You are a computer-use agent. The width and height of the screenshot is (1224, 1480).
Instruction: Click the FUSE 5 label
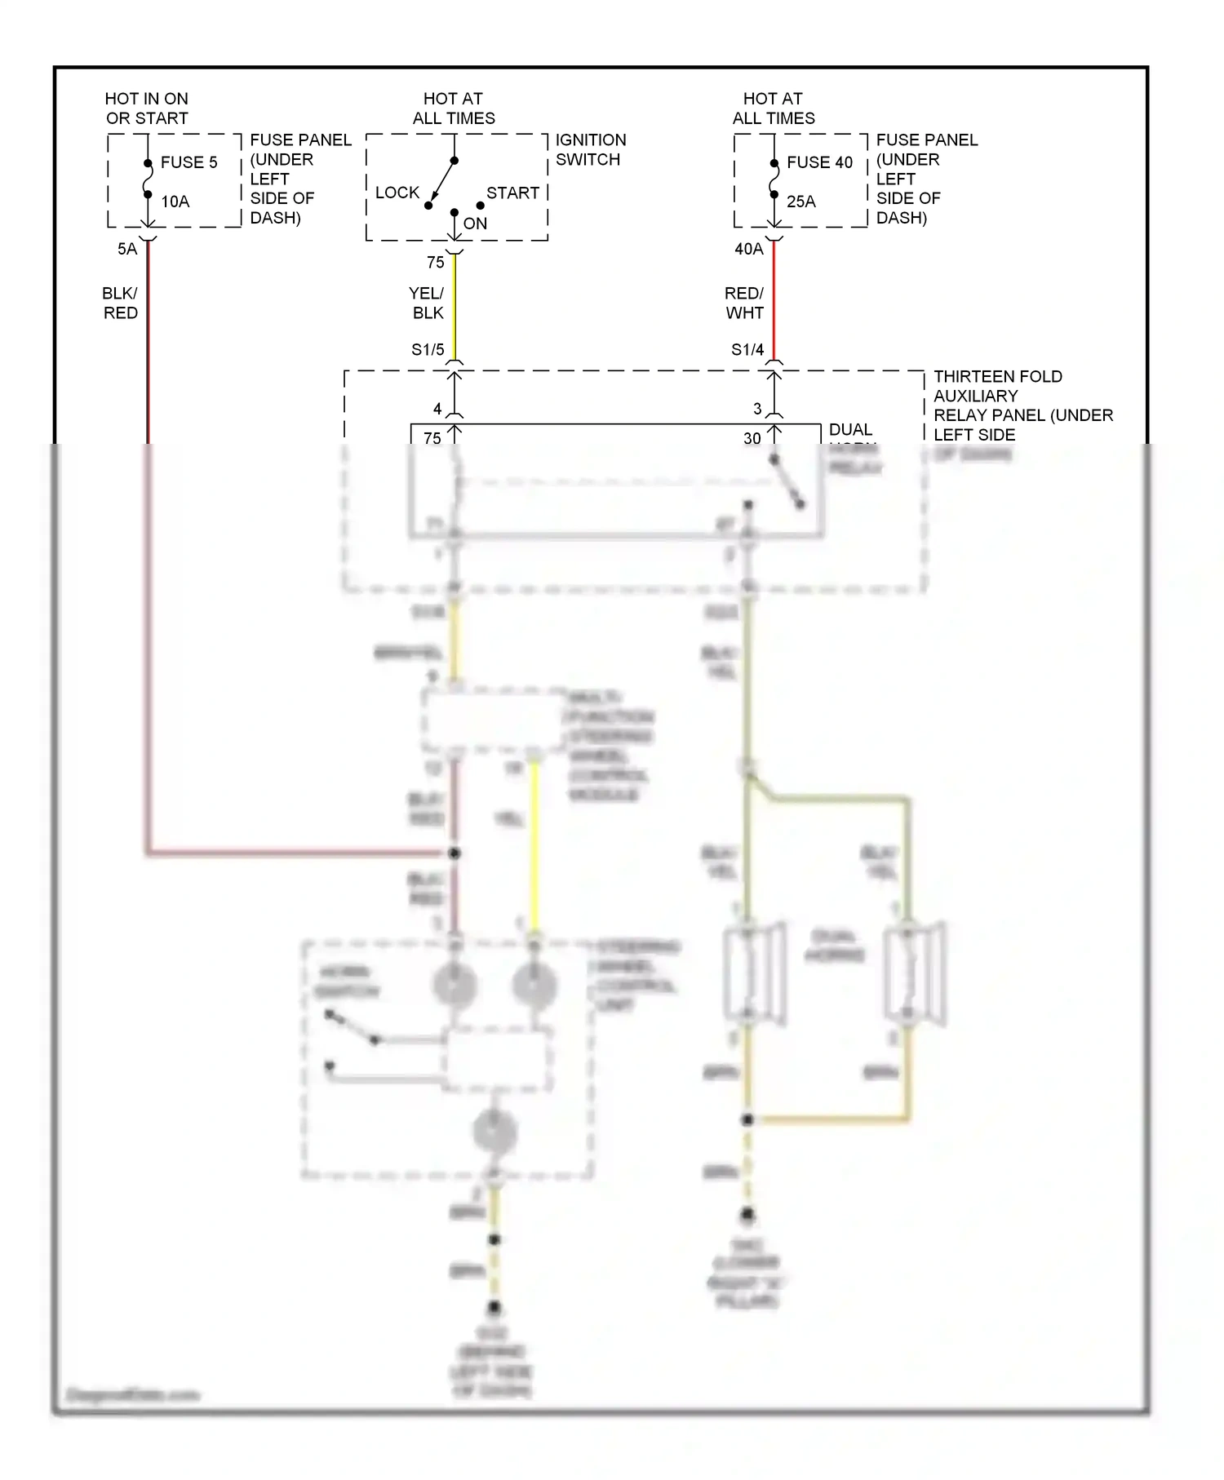pos(188,162)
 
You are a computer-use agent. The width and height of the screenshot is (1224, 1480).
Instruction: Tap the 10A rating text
pos(175,202)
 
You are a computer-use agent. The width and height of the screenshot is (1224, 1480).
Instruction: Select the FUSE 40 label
pos(819,162)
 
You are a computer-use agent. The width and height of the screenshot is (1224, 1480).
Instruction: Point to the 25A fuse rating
pos(800,202)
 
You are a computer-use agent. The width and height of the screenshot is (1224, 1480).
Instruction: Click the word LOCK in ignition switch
pos(397,193)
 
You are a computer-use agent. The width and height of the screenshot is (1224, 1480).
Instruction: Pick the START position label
pos(512,193)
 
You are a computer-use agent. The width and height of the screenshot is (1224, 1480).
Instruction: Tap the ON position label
pos(475,224)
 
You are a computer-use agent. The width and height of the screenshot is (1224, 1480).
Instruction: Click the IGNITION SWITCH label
pos(590,150)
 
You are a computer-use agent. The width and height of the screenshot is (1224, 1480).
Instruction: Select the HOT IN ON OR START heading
pos(147,109)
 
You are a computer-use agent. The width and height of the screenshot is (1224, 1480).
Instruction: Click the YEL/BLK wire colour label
pos(427,303)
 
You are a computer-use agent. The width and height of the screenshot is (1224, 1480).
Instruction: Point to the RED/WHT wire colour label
pos(743,303)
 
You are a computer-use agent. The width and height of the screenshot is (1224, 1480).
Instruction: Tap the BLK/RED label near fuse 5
pos(120,303)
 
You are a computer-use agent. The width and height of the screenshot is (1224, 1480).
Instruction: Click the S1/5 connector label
pos(428,350)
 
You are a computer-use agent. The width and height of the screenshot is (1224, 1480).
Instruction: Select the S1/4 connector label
pos(747,350)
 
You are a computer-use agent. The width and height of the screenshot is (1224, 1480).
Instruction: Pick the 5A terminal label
pos(127,249)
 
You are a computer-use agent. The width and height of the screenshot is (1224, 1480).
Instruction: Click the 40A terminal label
pos(749,249)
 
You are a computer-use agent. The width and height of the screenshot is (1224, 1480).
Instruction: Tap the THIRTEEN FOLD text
pos(997,376)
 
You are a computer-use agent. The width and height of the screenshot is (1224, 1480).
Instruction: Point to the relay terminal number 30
pos(752,438)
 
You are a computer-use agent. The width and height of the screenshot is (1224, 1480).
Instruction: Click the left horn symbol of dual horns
pos(754,973)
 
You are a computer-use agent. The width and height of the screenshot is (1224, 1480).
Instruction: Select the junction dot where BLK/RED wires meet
pos(455,853)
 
